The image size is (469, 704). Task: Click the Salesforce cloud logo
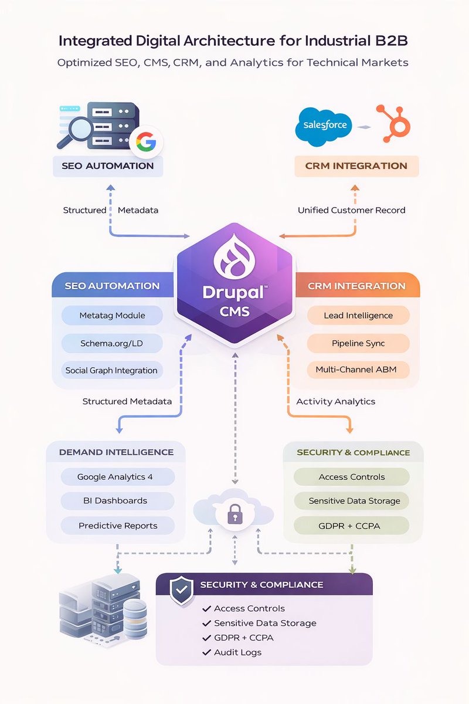coord(325,124)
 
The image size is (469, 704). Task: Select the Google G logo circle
coord(146,142)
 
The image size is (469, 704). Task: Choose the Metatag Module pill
coord(112,316)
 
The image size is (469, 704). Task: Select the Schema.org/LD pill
coord(111,343)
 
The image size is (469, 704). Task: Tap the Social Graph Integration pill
coord(111,370)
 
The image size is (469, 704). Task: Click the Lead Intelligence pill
coord(358,316)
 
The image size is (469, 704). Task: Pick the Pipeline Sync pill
coord(358,343)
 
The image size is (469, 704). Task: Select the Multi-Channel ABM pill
coord(358,370)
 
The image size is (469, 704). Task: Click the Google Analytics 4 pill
coord(115,477)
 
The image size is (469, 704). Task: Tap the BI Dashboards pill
coord(115,501)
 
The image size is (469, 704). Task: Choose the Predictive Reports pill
coord(118,526)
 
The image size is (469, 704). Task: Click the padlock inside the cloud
coord(233,515)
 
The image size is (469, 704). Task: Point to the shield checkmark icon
coord(182,590)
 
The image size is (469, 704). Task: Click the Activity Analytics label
coord(335,401)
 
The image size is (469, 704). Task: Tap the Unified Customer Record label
coord(351,210)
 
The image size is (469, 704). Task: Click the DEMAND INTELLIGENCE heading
coord(116,452)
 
